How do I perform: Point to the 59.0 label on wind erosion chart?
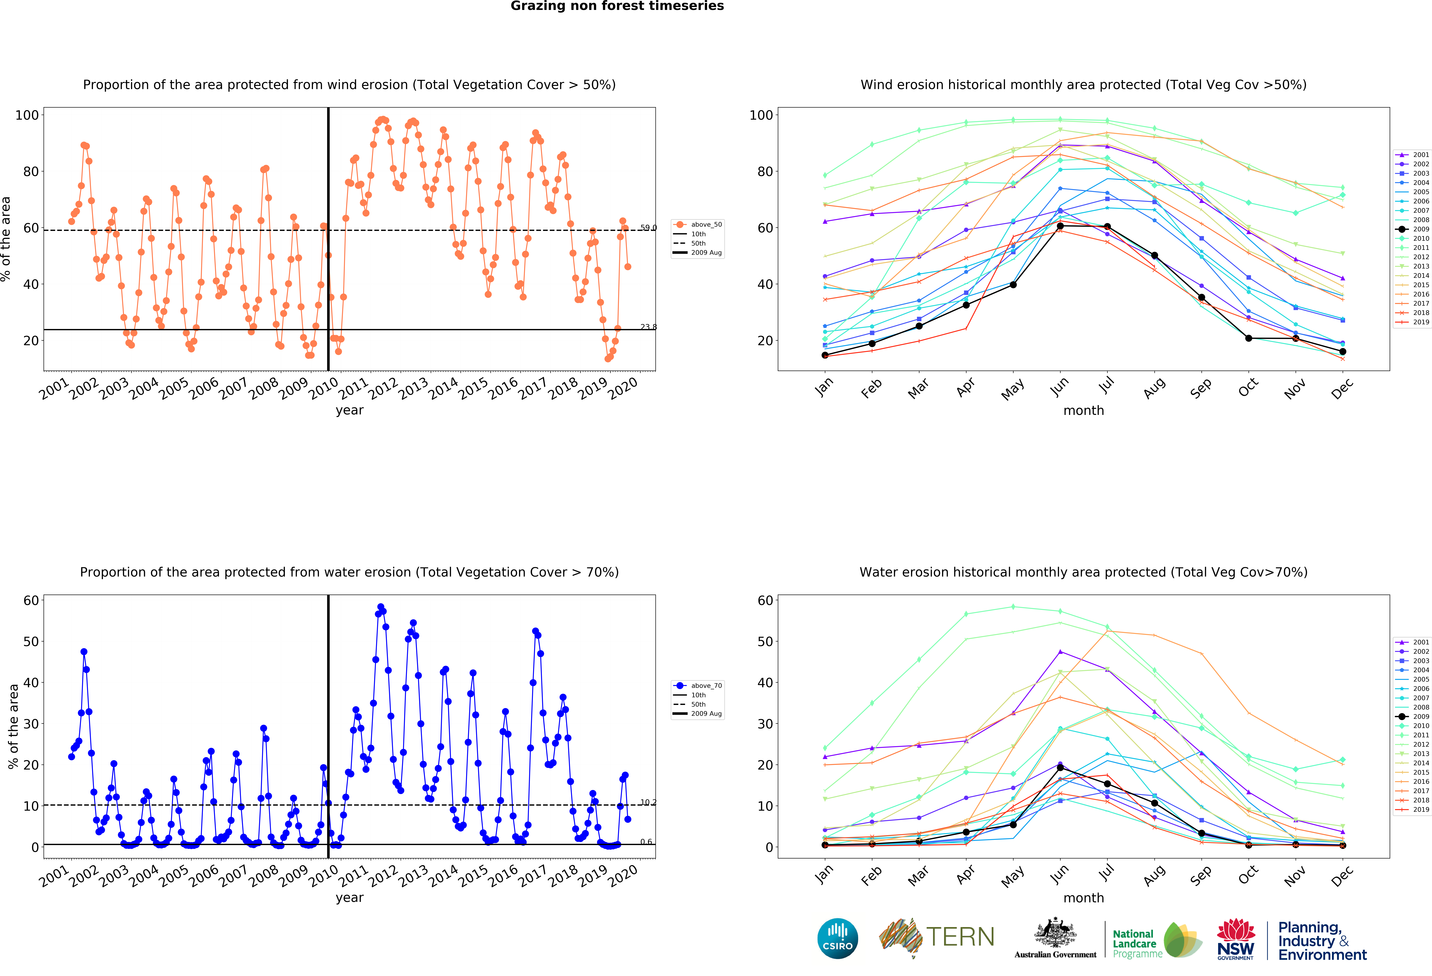[x=648, y=228]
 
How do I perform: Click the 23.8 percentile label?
[x=648, y=327]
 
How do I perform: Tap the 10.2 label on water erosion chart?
[x=648, y=802]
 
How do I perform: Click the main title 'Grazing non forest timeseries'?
[x=617, y=6]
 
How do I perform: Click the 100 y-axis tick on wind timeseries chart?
[x=27, y=115]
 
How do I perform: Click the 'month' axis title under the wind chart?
[x=1083, y=410]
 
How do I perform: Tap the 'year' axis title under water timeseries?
[x=349, y=898]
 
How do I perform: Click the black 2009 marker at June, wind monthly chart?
[x=1060, y=226]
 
